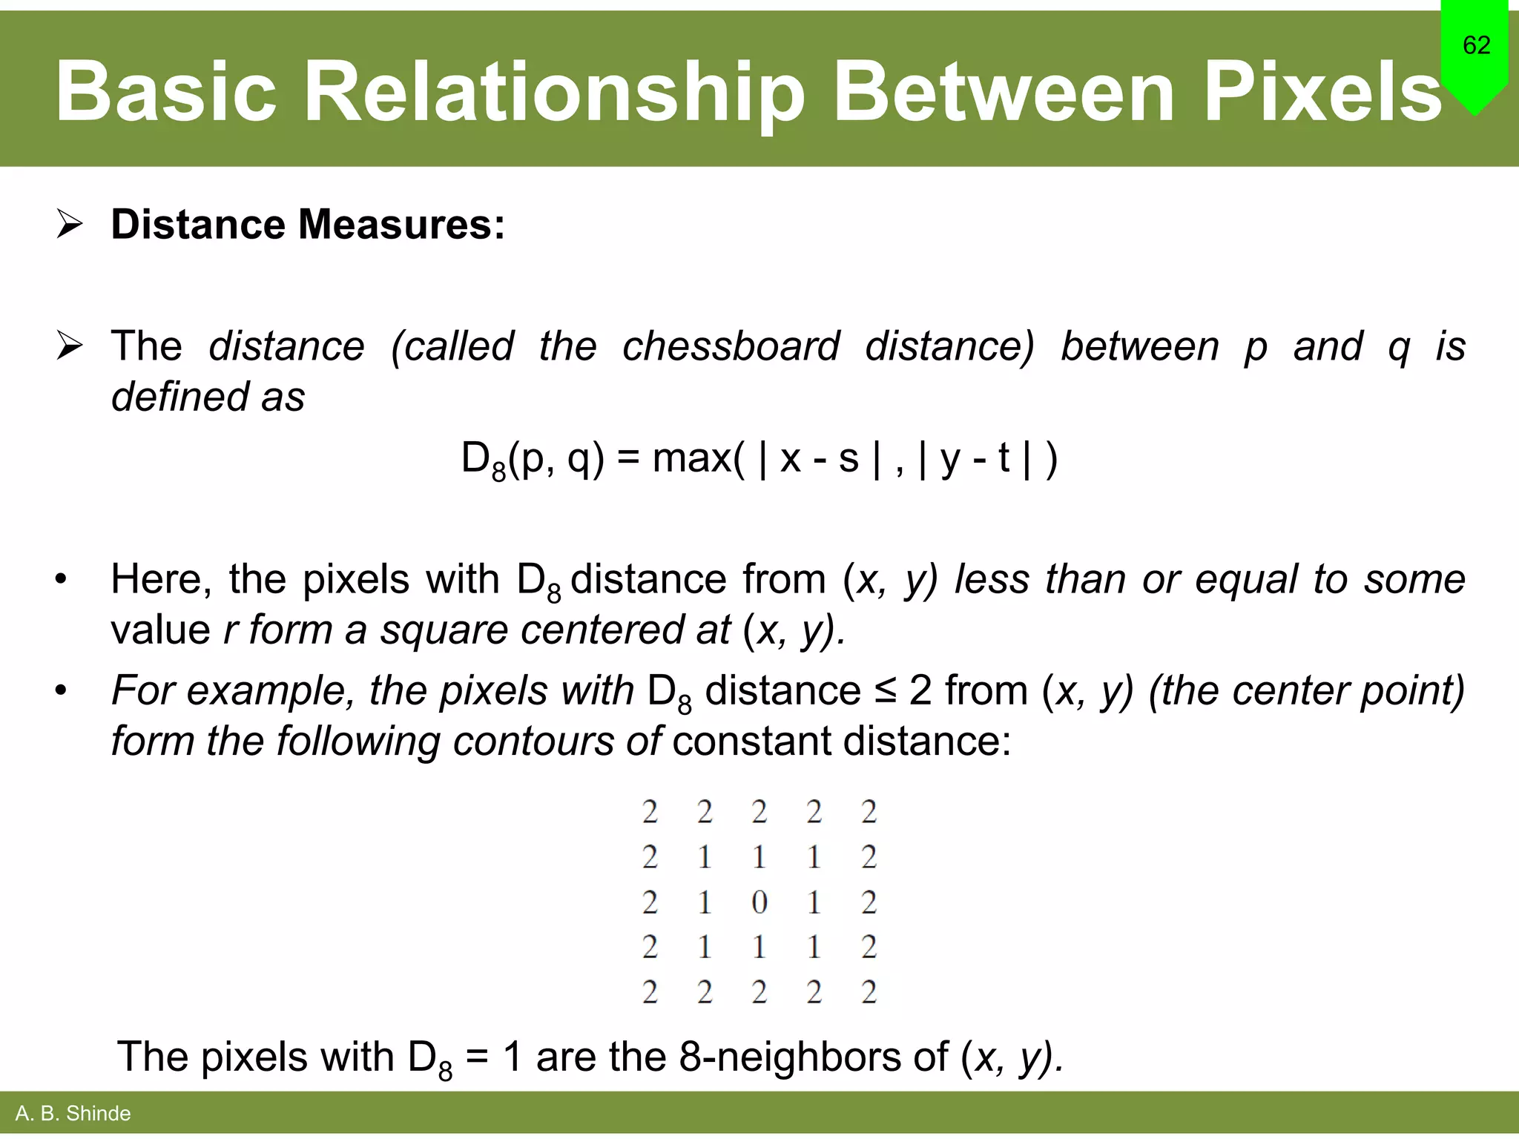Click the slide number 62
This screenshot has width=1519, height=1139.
(1476, 45)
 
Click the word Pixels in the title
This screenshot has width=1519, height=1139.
(1322, 92)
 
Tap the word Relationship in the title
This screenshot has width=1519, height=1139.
(555, 92)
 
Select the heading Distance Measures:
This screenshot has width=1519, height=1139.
(308, 224)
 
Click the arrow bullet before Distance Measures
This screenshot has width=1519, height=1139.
(70, 224)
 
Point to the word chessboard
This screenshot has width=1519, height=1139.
(731, 346)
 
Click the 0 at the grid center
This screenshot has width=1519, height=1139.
(759, 902)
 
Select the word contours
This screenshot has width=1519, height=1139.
(533, 742)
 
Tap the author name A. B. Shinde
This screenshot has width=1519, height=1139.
(73, 1113)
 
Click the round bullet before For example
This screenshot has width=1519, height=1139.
(61, 691)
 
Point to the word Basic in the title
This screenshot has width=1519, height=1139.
(166, 92)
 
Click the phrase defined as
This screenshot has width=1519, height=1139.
(208, 397)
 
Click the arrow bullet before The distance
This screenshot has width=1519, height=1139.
(70, 346)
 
